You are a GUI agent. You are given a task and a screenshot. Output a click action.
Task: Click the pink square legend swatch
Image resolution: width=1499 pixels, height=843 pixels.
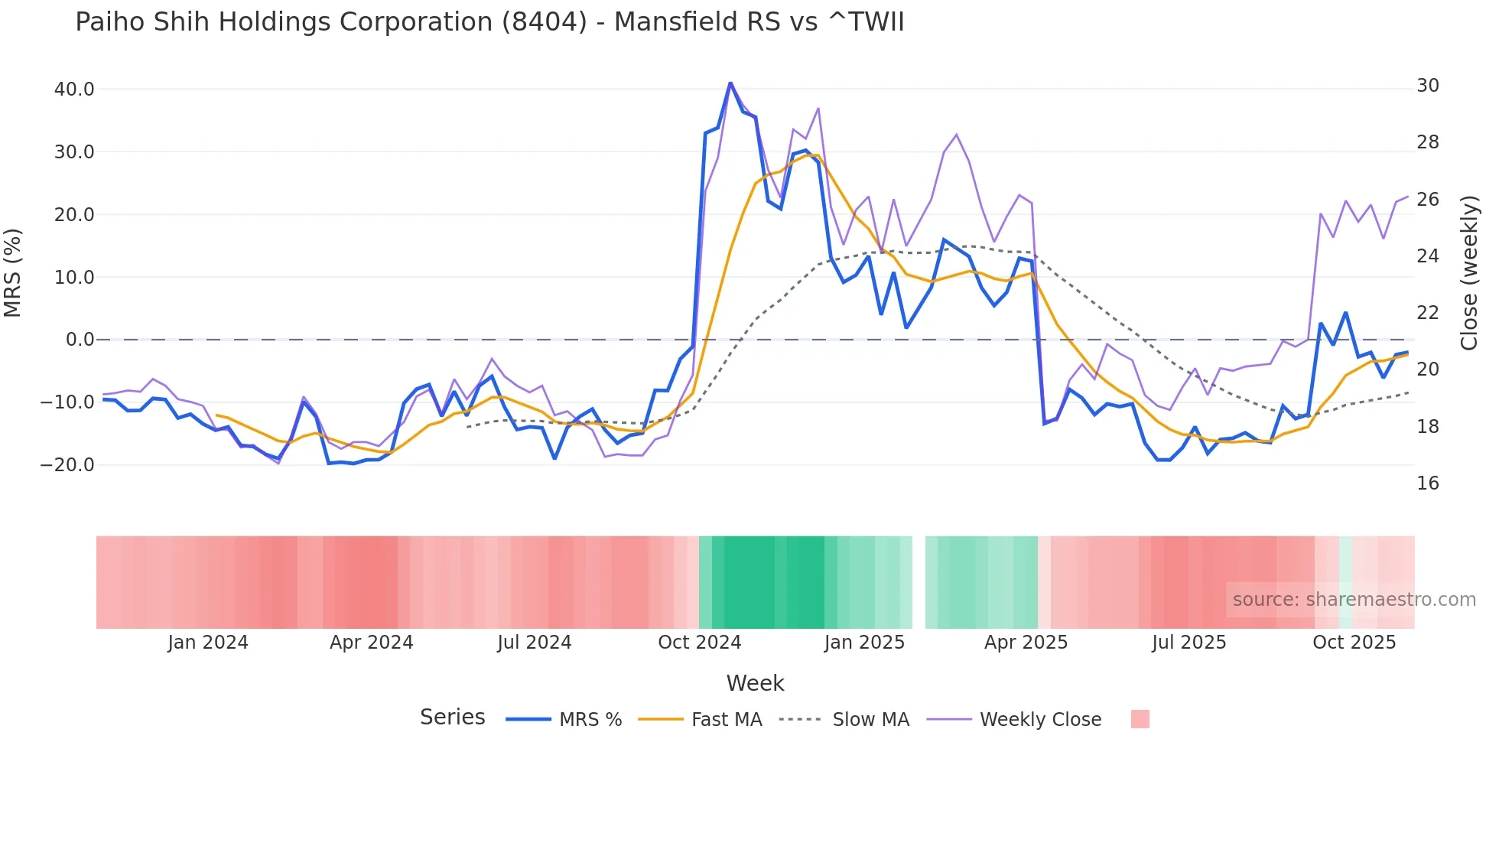tap(1140, 719)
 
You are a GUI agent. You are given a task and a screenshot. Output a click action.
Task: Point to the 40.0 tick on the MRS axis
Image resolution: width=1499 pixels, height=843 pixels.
tap(74, 90)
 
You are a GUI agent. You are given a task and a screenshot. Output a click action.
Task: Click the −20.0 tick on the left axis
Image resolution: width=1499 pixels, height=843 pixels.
tap(67, 465)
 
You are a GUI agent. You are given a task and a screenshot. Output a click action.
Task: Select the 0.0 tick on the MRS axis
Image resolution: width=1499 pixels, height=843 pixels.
tap(80, 340)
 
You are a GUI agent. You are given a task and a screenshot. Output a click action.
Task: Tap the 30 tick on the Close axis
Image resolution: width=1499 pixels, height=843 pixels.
tap(1427, 86)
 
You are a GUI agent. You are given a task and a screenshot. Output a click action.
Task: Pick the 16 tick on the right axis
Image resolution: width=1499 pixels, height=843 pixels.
tap(1427, 483)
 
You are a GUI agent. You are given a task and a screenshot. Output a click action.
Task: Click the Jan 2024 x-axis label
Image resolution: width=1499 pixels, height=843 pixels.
tap(208, 643)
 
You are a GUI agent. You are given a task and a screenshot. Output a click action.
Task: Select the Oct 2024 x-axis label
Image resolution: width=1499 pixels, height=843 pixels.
tap(699, 643)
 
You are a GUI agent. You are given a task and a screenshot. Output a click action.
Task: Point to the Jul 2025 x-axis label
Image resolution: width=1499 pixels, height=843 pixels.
tap(1188, 643)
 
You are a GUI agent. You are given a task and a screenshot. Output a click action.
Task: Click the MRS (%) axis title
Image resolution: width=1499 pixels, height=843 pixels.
tap(13, 273)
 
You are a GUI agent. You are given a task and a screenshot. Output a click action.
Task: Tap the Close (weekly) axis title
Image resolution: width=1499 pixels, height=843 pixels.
tap(1468, 273)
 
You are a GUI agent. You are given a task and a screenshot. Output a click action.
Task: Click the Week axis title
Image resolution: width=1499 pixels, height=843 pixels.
tap(755, 683)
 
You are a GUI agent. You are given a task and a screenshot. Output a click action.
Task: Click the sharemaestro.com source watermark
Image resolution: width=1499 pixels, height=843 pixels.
tap(1354, 600)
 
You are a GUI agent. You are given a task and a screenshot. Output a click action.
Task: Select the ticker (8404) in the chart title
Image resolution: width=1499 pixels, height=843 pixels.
tap(544, 22)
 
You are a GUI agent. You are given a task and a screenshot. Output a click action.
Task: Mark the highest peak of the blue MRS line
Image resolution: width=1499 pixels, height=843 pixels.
tap(730, 83)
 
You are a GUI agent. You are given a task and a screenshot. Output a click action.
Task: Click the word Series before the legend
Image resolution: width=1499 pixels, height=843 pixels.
tap(452, 718)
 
